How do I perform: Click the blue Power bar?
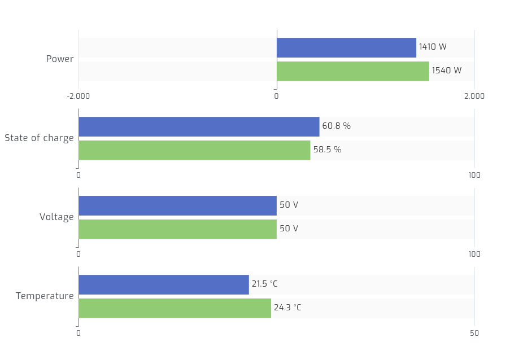(346, 48)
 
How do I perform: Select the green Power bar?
(352, 72)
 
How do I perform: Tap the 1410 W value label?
(433, 47)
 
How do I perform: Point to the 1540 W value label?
(446, 71)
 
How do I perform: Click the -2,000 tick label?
(79, 96)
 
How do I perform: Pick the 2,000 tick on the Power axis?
(474, 96)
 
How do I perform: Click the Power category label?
(60, 59)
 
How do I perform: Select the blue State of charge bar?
(199, 127)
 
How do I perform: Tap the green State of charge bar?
(194, 151)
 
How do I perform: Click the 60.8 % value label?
(336, 126)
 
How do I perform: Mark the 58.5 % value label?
(327, 150)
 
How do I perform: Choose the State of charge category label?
(39, 138)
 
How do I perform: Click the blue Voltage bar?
(177, 206)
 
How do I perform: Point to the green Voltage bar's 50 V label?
(289, 229)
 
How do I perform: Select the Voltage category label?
(56, 217)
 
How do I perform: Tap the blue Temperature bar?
(164, 285)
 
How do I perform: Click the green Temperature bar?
(175, 309)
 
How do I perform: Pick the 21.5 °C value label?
(264, 284)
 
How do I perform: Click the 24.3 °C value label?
(287, 308)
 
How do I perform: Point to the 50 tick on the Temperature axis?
(474, 333)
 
